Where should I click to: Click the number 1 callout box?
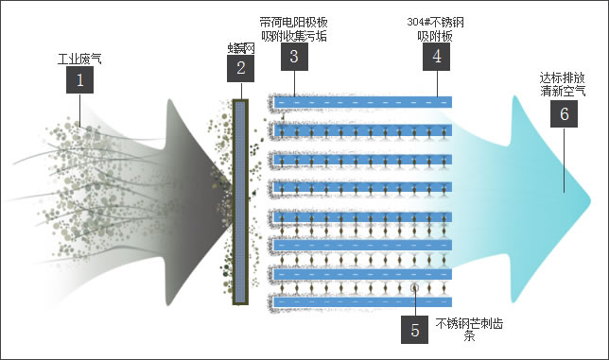click(x=79, y=81)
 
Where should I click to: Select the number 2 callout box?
click(x=240, y=68)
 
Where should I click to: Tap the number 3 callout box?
click(x=294, y=56)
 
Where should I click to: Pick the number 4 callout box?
click(x=436, y=56)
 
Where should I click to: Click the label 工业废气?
click(x=79, y=59)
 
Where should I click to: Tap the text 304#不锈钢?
click(x=436, y=22)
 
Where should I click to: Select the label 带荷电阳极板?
click(x=294, y=22)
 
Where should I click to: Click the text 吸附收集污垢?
click(x=294, y=36)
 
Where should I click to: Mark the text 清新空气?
click(x=563, y=92)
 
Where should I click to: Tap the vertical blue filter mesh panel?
click(x=239, y=202)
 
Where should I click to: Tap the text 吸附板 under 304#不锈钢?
click(x=436, y=36)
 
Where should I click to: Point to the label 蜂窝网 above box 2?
click(x=241, y=47)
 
